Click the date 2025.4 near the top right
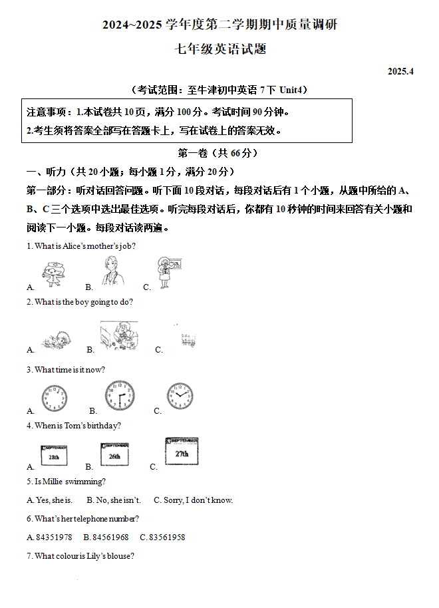pos(400,71)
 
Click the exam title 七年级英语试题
pos(219,49)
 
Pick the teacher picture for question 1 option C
pos(165,272)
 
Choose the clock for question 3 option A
pos(53,398)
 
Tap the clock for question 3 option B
pos(120,396)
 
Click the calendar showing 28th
pos(54,456)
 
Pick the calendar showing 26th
pos(114,454)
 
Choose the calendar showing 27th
pos(181,451)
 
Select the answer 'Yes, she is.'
pos(50,500)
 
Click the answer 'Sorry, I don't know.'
pos(193,500)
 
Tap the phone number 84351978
pos(49,537)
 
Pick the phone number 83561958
pos(162,537)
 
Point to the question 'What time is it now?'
pos(66,370)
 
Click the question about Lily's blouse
pos(80,556)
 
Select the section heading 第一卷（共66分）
pos(219,153)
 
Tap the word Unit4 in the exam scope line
pos(293,90)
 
